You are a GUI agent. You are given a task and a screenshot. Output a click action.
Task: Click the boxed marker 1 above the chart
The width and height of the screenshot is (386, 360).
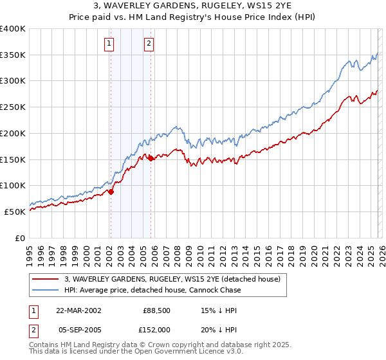109,44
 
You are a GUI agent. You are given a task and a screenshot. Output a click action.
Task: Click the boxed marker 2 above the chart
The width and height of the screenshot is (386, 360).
149,44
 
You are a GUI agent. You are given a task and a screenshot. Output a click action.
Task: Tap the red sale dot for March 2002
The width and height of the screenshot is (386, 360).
111,191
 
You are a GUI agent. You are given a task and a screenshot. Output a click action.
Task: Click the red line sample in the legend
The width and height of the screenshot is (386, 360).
46,280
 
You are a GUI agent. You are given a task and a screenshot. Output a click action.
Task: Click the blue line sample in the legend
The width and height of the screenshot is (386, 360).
46,291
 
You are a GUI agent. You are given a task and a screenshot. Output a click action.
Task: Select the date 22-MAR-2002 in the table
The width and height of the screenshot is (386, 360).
78,310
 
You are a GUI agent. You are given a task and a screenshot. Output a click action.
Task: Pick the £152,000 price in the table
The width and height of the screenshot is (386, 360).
156,328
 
